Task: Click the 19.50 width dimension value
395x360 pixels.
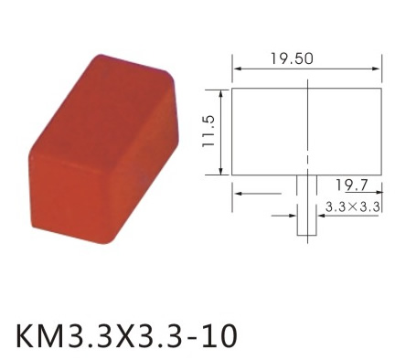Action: tap(292, 58)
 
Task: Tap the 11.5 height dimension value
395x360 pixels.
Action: tap(209, 132)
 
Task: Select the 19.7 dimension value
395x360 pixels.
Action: tap(352, 185)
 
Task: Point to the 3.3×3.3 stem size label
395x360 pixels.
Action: tap(352, 207)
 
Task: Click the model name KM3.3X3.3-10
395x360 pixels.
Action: tap(126, 336)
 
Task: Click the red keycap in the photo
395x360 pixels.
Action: tap(103, 149)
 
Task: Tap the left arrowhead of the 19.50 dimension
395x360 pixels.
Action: tap(237, 69)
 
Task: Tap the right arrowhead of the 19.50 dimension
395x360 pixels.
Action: tap(377, 69)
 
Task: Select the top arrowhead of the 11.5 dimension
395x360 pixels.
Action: tap(221, 94)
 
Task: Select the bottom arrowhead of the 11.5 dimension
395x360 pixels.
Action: tap(221, 171)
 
